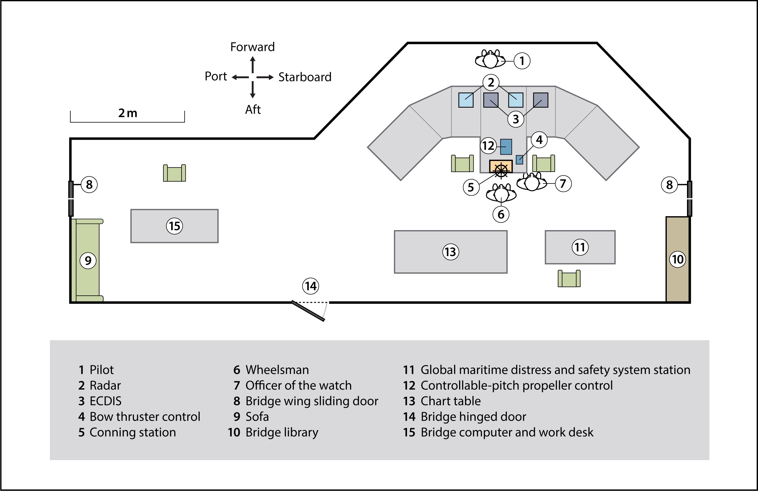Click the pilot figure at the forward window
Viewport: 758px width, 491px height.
coord(490,59)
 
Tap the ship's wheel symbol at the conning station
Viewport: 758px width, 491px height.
coord(501,171)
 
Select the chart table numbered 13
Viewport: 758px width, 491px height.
coord(451,252)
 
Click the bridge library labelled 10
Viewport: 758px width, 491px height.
coord(678,259)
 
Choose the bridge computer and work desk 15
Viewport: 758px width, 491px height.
coord(174,226)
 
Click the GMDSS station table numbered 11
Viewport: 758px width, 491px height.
coord(580,247)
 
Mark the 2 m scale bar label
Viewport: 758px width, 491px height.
coord(128,113)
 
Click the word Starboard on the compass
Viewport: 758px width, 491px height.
coord(305,77)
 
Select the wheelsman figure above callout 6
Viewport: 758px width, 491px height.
coord(501,193)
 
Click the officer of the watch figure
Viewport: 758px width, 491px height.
coord(532,183)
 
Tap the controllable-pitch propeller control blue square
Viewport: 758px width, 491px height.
coord(506,147)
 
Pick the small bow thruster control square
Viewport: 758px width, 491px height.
coord(519,159)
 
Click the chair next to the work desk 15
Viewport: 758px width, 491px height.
coord(174,173)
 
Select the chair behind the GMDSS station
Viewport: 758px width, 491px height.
coord(569,278)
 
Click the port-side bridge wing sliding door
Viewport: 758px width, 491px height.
coord(71,198)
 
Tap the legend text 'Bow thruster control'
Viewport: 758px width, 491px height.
coord(145,417)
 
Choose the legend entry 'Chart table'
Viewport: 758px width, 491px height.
coord(450,401)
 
